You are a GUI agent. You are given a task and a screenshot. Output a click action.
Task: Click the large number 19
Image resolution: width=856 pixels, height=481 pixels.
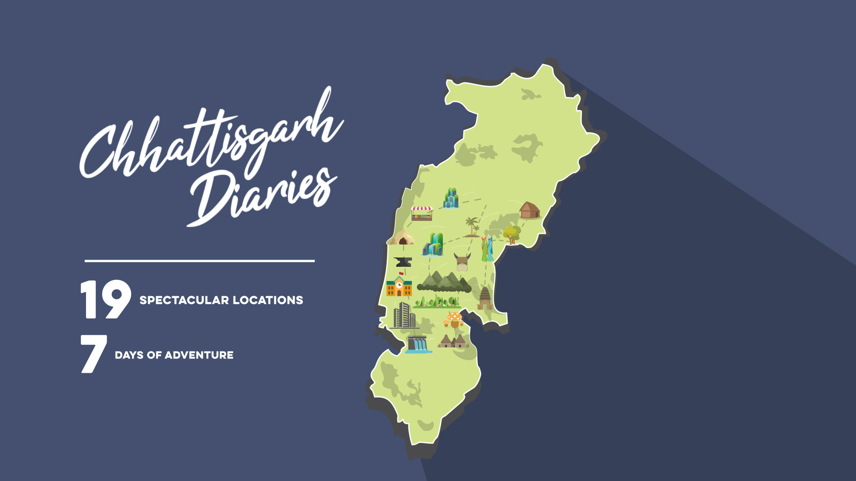click(106, 299)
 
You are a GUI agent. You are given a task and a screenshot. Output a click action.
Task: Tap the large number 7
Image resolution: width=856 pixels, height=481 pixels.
click(93, 354)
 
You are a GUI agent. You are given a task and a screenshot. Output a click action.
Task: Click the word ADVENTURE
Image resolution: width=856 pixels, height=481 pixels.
click(199, 355)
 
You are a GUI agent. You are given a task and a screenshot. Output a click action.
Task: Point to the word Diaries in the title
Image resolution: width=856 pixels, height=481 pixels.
click(263, 196)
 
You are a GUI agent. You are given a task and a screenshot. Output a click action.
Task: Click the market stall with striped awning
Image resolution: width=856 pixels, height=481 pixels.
click(422, 213)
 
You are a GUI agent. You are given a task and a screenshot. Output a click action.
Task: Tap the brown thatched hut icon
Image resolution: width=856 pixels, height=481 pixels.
click(529, 210)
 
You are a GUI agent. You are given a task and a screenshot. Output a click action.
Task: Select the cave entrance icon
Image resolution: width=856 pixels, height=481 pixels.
click(403, 238)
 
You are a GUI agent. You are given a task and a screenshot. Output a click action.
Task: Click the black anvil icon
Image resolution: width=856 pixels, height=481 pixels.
click(403, 261)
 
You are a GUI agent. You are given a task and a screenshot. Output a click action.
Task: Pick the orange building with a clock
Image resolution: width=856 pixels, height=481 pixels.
click(399, 287)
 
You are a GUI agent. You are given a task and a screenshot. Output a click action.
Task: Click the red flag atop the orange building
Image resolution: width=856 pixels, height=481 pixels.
click(401, 273)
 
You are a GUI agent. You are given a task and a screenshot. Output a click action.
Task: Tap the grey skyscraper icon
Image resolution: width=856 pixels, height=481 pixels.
click(404, 315)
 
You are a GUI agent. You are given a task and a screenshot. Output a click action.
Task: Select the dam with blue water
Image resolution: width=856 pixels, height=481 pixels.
click(418, 344)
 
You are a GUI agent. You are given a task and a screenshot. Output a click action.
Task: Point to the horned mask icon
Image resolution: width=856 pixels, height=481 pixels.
click(462, 262)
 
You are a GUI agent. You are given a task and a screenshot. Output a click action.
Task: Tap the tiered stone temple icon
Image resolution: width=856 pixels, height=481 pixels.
click(485, 298)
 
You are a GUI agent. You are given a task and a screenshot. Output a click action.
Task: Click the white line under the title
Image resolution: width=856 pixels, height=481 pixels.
click(200, 261)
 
